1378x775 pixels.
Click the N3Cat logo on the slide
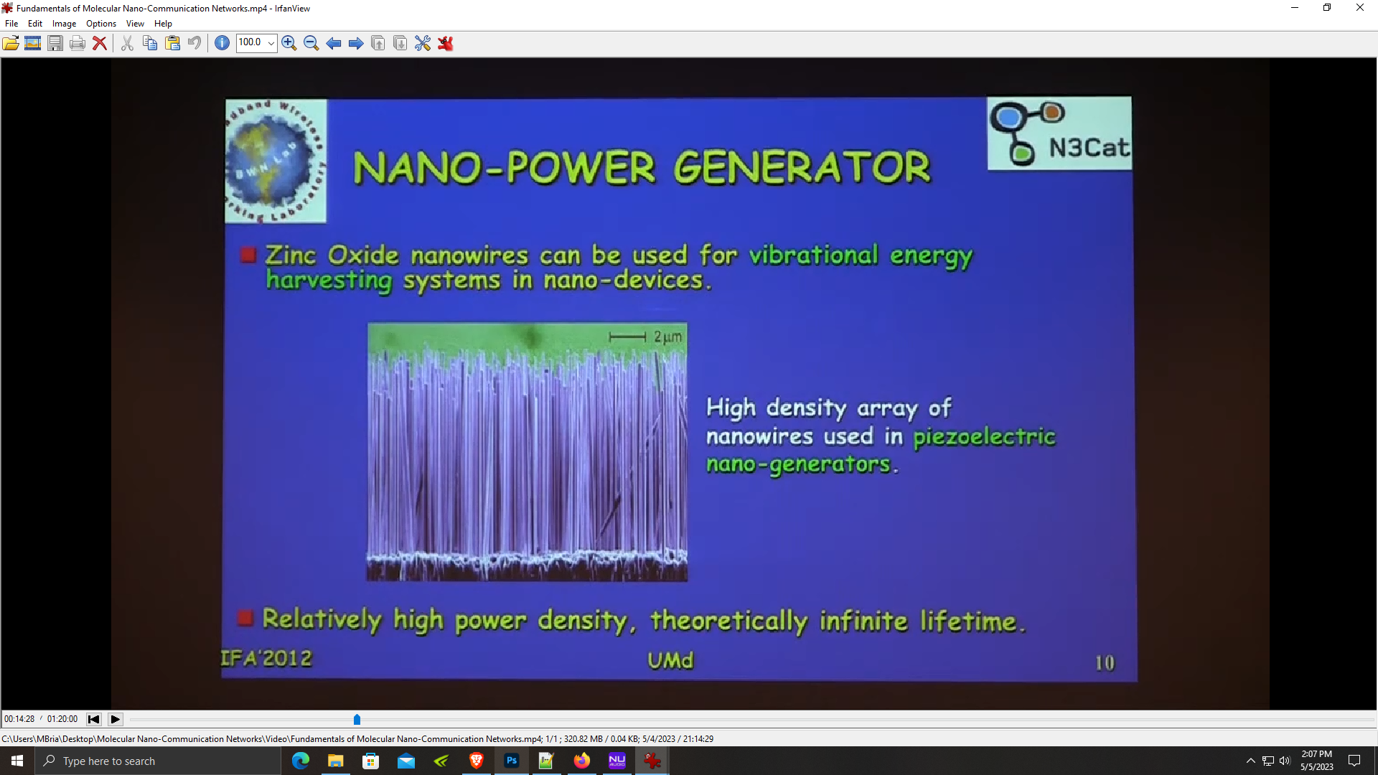pyautogui.click(x=1059, y=134)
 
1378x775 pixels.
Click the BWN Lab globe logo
pyautogui.click(x=276, y=161)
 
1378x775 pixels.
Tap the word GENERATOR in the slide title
pyautogui.click(x=802, y=168)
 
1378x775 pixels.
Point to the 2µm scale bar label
pyautogui.click(x=667, y=337)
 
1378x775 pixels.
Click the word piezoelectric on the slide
pyautogui.click(x=984, y=437)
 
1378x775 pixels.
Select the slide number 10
pyautogui.click(x=1105, y=663)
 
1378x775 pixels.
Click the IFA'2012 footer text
pyautogui.click(x=266, y=659)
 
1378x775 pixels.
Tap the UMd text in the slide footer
pyautogui.click(x=670, y=660)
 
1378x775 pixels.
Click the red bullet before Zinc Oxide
pyautogui.click(x=248, y=255)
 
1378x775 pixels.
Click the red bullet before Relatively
pyautogui.click(x=245, y=618)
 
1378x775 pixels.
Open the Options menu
pyautogui.click(x=101, y=24)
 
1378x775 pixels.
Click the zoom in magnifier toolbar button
pyautogui.click(x=289, y=43)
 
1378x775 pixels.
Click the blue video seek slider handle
pyautogui.click(x=357, y=719)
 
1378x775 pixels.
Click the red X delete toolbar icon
pyautogui.click(x=100, y=43)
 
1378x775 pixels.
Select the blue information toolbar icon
pyautogui.click(x=222, y=43)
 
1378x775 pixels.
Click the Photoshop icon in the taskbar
pyautogui.click(x=512, y=761)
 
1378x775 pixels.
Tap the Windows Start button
pyautogui.click(x=17, y=761)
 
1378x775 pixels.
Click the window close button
pyautogui.click(x=1360, y=8)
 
